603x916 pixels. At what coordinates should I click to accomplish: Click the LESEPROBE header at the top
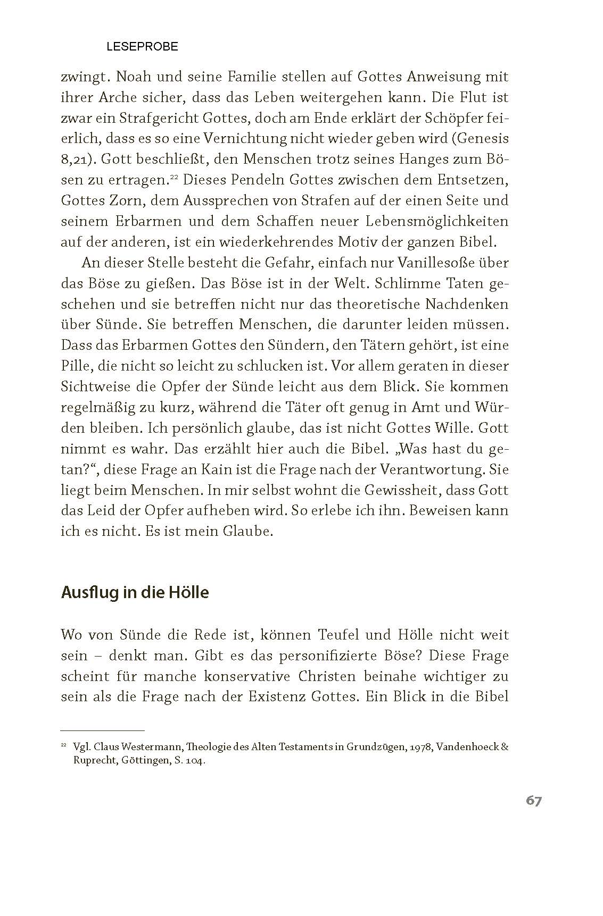(142, 47)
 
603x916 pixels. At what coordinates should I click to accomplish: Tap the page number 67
(534, 800)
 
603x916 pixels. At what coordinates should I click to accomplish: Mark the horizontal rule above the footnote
(103, 730)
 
